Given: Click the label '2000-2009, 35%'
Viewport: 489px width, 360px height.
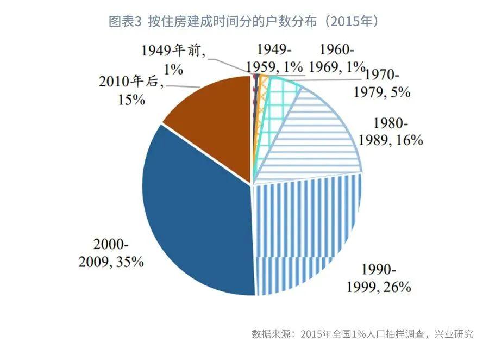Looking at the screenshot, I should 111,253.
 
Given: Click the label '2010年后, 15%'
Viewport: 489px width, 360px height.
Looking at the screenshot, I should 130,90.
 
